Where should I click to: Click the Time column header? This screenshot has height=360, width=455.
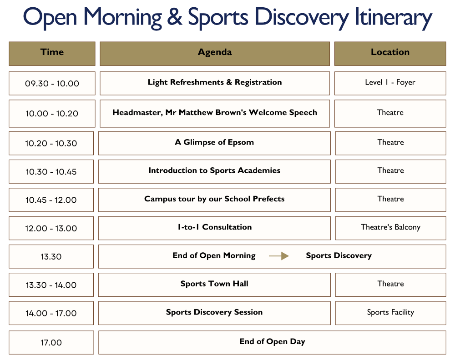pyautogui.click(x=52, y=54)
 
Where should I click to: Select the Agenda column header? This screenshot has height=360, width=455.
pyautogui.click(x=215, y=54)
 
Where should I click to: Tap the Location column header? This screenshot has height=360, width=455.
pyautogui.click(x=390, y=54)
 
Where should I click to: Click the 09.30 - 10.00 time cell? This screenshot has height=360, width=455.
pyautogui.click(x=52, y=84)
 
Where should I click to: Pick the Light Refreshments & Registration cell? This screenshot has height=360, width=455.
pyautogui.click(x=215, y=84)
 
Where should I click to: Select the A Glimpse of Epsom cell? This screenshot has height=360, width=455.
pyautogui.click(x=214, y=143)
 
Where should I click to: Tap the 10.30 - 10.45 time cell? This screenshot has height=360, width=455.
pyautogui.click(x=51, y=172)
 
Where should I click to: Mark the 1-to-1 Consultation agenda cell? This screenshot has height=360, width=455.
pyautogui.click(x=214, y=228)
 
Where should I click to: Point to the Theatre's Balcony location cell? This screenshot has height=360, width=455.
pyautogui.click(x=390, y=228)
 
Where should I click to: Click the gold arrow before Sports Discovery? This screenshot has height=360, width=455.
pyautogui.click(x=278, y=256)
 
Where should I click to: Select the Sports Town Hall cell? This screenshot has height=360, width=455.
pyautogui.click(x=214, y=285)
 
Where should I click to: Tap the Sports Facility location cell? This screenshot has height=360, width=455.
pyautogui.click(x=390, y=313)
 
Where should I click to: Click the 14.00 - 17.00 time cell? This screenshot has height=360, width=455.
pyautogui.click(x=51, y=313)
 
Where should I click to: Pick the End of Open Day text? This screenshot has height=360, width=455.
pyautogui.click(x=272, y=342)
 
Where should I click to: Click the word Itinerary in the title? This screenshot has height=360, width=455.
pyautogui.click(x=394, y=17)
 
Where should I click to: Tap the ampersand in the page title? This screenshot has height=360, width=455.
pyautogui.click(x=175, y=16)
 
